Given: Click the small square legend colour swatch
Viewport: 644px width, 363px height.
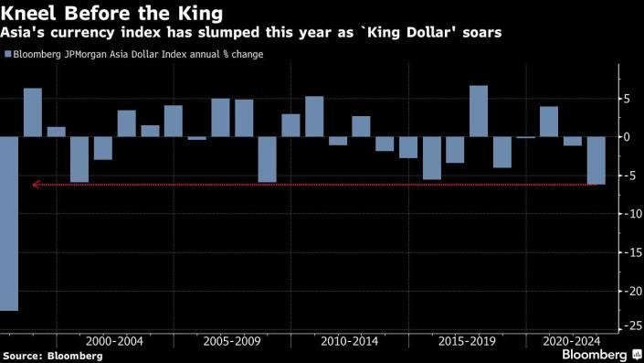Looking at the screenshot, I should click(7, 55).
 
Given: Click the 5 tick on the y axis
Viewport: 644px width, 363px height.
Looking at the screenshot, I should click(626, 98).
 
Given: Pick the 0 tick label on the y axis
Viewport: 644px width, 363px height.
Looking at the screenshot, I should click(626, 136).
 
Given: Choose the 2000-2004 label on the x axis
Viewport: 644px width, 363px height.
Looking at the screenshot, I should click(113, 340).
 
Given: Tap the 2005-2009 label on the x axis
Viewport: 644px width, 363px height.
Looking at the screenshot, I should click(231, 340).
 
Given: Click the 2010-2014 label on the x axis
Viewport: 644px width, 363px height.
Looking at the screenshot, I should click(349, 340).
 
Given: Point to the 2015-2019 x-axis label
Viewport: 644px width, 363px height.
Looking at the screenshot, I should click(467, 340).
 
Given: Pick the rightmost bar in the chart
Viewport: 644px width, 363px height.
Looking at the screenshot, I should click(596, 161).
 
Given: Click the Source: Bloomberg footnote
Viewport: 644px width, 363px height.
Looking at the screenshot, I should click(40, 355).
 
